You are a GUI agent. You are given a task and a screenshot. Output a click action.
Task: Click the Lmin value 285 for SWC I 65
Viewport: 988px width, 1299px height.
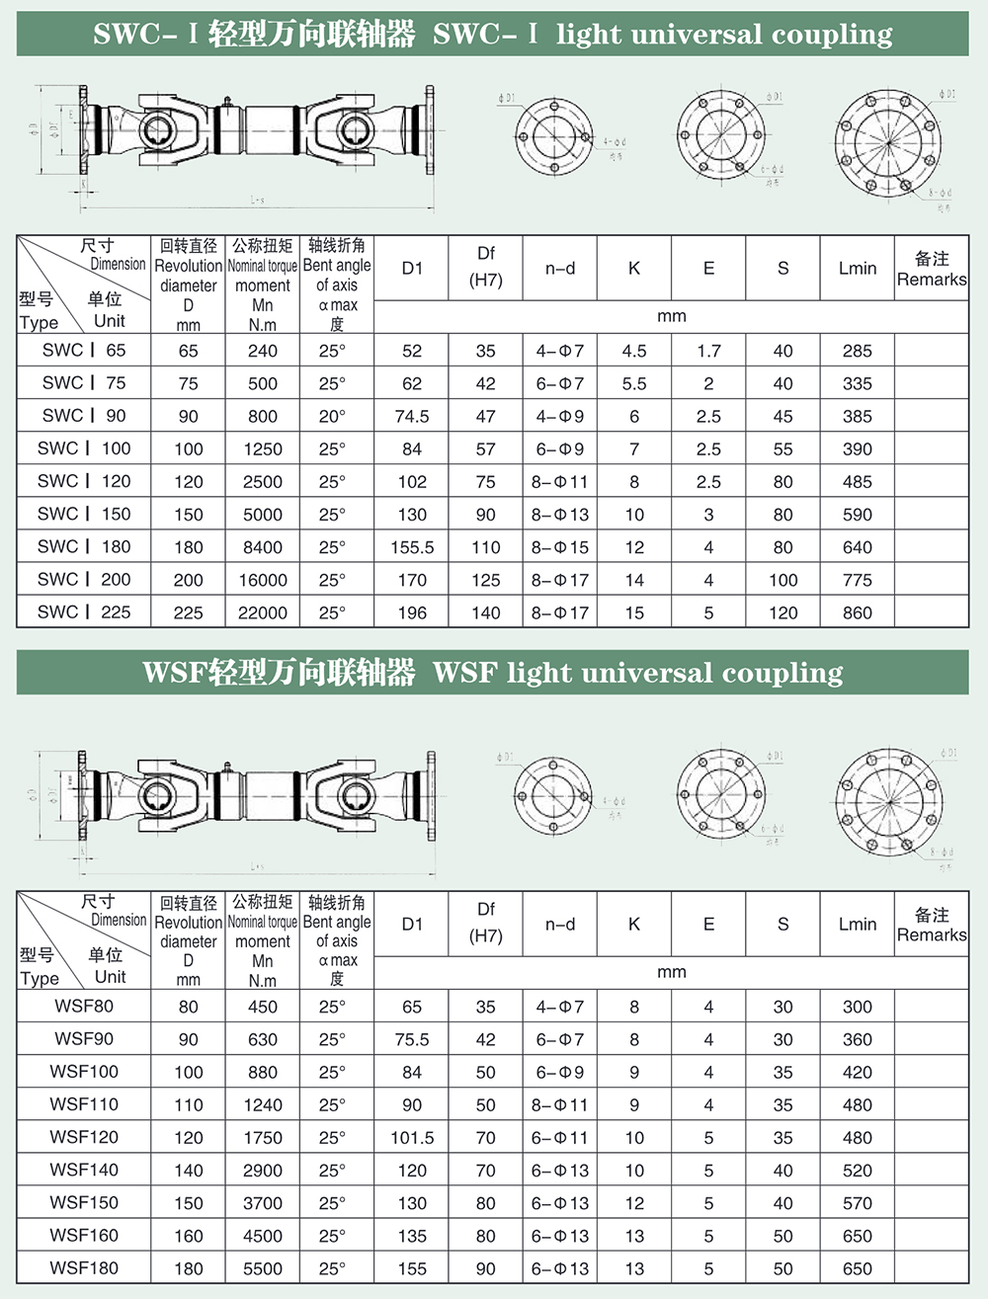[857, 351]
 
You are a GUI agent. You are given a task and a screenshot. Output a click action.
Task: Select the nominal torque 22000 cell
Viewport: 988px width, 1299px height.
[263, 612]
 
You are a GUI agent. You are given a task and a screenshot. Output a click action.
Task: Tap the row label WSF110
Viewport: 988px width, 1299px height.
[84, 1104]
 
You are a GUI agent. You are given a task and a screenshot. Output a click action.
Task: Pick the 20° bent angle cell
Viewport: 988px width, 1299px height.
[332, 416]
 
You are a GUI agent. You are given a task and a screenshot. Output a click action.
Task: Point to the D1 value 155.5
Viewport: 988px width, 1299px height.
[412, 547]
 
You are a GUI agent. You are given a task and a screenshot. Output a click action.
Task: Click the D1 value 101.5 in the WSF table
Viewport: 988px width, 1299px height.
[412, 1137]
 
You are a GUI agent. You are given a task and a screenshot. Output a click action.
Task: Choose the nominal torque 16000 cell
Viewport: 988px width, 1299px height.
[263, 580]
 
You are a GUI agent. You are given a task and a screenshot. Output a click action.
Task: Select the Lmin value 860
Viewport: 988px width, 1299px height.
[857, 612]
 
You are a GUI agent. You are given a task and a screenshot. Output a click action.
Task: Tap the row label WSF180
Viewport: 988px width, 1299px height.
[84, 1268]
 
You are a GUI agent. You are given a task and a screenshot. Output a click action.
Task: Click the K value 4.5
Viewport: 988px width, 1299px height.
[634, 351]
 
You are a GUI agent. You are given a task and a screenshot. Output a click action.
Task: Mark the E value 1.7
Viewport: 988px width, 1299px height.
[708, 351]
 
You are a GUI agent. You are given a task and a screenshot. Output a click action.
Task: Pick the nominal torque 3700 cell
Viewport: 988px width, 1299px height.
[263, 1203]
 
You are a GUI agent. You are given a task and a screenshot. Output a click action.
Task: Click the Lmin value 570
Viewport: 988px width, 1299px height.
[857, 1203]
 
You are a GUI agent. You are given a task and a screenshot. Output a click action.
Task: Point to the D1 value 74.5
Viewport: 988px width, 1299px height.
[412, 416]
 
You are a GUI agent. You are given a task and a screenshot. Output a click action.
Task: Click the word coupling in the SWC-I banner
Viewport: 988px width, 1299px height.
[832, 35]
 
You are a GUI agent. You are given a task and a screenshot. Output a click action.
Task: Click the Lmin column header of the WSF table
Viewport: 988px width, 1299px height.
[857, 925]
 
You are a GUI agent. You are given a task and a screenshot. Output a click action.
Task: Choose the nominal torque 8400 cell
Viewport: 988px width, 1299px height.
[263, 547]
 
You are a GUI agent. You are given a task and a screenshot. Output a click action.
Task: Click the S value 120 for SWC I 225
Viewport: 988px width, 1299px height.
[782, 612]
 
